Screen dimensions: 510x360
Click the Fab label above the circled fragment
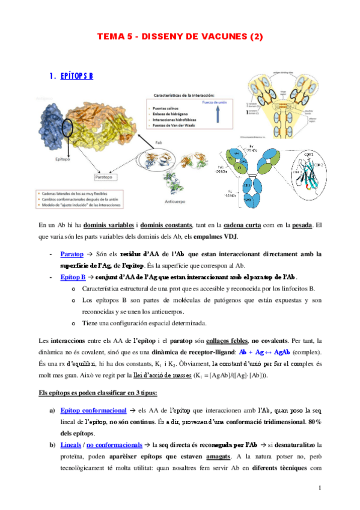pos(157,142)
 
